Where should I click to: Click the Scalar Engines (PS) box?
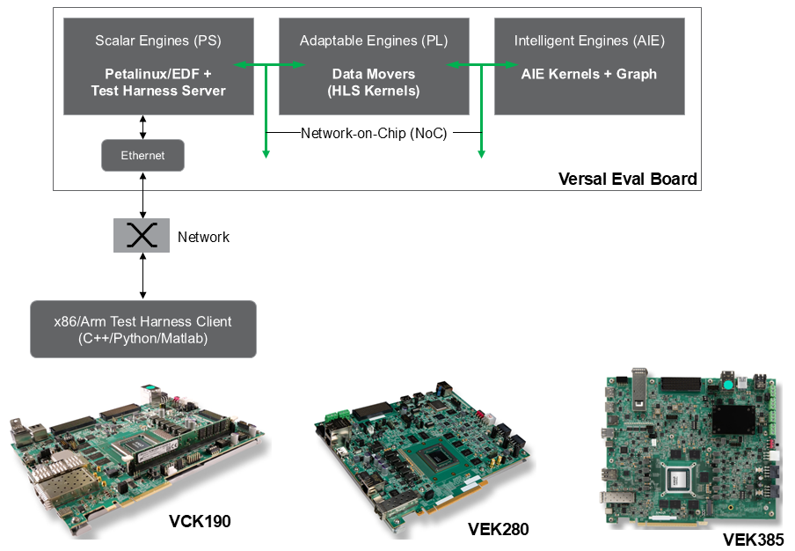click(x=158, y=66)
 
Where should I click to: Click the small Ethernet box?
click(x=142, y=156)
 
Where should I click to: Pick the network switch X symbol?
click(x=142, y=236)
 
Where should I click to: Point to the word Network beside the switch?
click(x=203, y=237)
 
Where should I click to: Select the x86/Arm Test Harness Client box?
click(x=143, y=329)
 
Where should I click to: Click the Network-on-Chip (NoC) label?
click(x=374, y=134)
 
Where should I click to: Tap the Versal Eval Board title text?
click(x=627, y=179)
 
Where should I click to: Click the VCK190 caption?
click(x=200, y=521)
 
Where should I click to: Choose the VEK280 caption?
click(x=499, y=529)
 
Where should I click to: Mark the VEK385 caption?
click(x=753, y=540)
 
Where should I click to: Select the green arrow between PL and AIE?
click(x=483, y=65)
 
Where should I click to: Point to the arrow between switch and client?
click(x=142, y=276)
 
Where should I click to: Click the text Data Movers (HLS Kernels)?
click(x=374, y=83)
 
